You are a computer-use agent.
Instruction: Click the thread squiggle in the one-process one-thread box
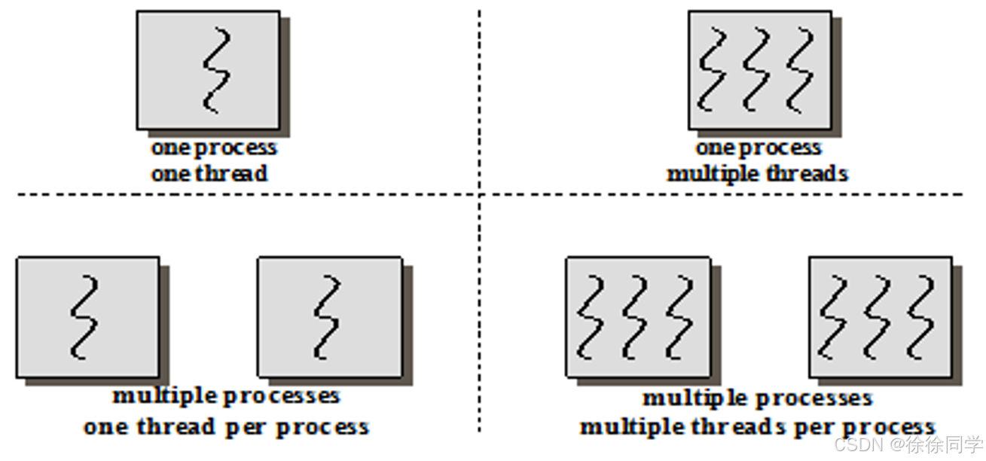(215, 70)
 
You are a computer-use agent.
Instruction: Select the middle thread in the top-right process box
(756, 69)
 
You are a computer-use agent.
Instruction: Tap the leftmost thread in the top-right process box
(712, 69)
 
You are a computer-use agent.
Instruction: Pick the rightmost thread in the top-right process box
(801, 69)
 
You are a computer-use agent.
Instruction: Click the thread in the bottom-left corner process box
(85, 316)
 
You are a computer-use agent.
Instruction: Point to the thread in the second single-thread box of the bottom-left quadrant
(328, 316)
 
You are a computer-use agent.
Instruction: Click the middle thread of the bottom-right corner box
(878, 316)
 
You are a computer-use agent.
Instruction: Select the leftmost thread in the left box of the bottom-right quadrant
(591, 316)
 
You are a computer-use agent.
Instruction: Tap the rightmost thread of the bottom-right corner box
(921, 316)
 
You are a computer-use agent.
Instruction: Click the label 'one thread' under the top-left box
(209, 174)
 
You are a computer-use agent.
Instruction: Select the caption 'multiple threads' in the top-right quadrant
(758, 174)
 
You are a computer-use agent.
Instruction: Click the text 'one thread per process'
(226, 427)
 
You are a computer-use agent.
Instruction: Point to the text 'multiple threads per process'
(757, 427)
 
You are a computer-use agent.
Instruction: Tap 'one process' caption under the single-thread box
(214, 148)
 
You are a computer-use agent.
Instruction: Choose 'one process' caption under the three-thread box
(758, 148)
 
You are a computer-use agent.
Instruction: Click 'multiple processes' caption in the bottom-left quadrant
(226, 395)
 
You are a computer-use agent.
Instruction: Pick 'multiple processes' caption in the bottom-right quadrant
(757, 397)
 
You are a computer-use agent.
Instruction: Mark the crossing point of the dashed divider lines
(479, 194)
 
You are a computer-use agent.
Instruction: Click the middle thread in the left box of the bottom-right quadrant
(635, 316)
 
